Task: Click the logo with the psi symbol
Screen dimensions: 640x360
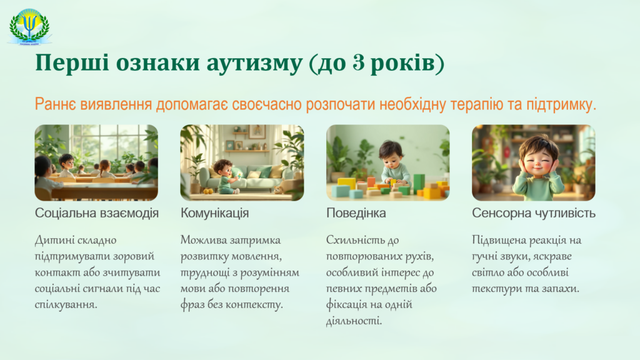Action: [x=29, y=26]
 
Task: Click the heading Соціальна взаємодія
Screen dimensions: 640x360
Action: [x=97, y=213]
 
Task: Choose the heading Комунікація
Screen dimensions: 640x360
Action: [x=215, y=213]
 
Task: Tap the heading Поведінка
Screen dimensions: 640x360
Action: [x=356, y=213]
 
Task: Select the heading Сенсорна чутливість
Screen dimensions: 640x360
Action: [x=534, y=213]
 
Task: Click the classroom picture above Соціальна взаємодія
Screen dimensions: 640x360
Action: [x=96, y=162]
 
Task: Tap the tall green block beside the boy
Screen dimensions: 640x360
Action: [x=419, y=184]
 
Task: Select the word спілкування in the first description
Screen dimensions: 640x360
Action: [x=66, y=305]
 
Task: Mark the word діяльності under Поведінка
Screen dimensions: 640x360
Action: [x=354, y=321]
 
